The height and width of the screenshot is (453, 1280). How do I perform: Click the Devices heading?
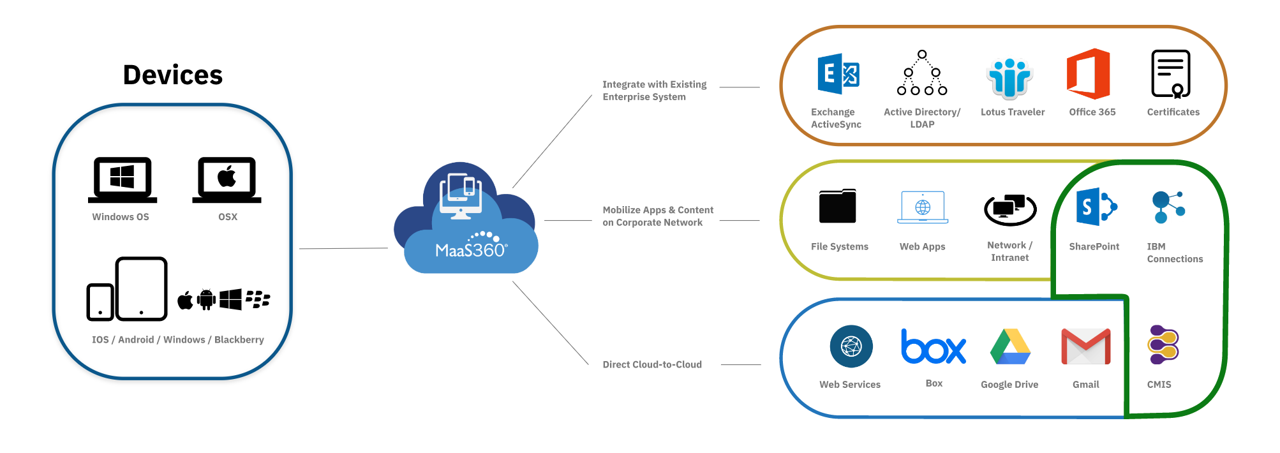[x=173, y=75]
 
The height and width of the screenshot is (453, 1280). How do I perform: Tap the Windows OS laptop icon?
[x=123, y=179]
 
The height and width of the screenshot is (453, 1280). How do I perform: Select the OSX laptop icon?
[x=227, y=179]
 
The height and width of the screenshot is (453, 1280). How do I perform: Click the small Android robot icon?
[x=206, y=299]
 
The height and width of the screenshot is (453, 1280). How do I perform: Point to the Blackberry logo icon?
[x=258, y=299]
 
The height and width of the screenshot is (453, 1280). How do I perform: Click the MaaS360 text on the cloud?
[x=471, y=250]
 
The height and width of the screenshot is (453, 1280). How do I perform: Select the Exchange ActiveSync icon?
[x=838, y=75]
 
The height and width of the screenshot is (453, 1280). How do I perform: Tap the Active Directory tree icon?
[x=922, y=73]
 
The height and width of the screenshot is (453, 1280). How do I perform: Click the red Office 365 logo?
[x=1089, y=74]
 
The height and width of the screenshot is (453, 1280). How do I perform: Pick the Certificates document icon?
[x=1171, y=74]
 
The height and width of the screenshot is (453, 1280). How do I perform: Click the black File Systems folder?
[x=838, y=206]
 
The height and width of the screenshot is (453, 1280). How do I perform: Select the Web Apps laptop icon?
[x=923, y=207]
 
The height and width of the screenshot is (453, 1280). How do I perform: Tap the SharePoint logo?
[x=1096, y=207]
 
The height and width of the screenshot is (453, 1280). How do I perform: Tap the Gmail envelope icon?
[x=1085, y=346]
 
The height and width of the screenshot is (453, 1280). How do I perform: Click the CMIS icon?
[x=1163, y=345]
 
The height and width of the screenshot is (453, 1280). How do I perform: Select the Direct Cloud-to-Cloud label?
[x=652, y=365]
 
